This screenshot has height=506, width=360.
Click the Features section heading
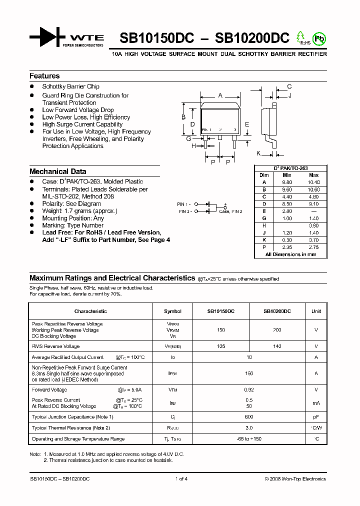[44, 76]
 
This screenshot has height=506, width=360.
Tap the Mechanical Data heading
[57, 171]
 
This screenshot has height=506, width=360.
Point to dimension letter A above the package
[220, 95]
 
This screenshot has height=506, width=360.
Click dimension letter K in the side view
[258, 153]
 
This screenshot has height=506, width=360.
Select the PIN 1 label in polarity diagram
[184, 204]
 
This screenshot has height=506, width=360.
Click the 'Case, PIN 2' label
[230, 211]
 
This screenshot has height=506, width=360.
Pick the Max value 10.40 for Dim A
[314, 182]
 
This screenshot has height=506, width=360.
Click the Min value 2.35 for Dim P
[287, 247]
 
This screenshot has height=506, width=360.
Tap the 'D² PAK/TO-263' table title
[290, 168]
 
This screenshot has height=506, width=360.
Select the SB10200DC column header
[277, 311]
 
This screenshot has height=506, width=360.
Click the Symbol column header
[172, 311]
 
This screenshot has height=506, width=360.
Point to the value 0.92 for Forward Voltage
[249, 390]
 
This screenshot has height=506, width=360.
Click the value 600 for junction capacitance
[249, 417]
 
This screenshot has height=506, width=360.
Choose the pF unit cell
[316, 417]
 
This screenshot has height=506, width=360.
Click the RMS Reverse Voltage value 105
[221, 346]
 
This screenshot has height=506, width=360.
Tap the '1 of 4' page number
[181, 479]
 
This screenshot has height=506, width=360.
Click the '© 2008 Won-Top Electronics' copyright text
[295, 479]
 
